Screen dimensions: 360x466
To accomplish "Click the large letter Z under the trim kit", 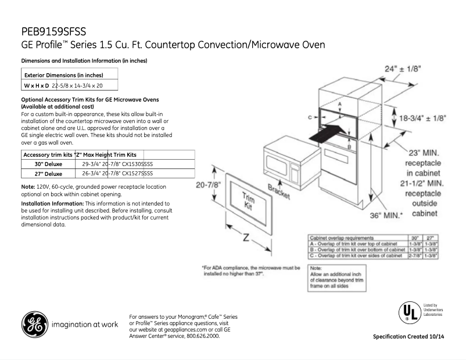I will point(245,238).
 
